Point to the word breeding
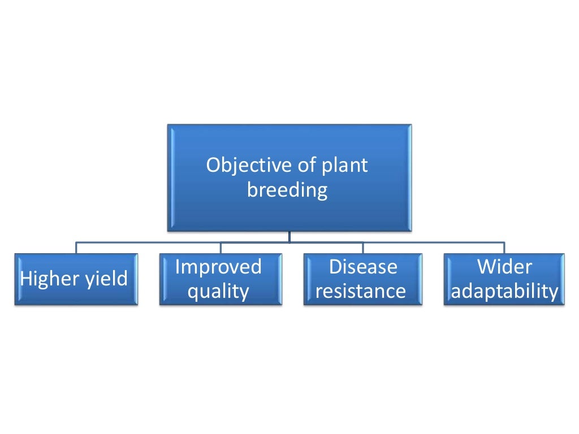[287, 191]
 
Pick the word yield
[106, 279]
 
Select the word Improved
[218, 267]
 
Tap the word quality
[218, 292]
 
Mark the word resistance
[361, 292]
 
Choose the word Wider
[503, 267]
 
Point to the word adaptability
[504, 292]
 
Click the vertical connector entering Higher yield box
[76, 248]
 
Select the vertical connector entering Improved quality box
[221, 248]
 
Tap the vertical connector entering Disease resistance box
[363, 248]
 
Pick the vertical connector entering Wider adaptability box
[504, 248]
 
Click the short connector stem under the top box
[289, 237]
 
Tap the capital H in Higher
[27, 279]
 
